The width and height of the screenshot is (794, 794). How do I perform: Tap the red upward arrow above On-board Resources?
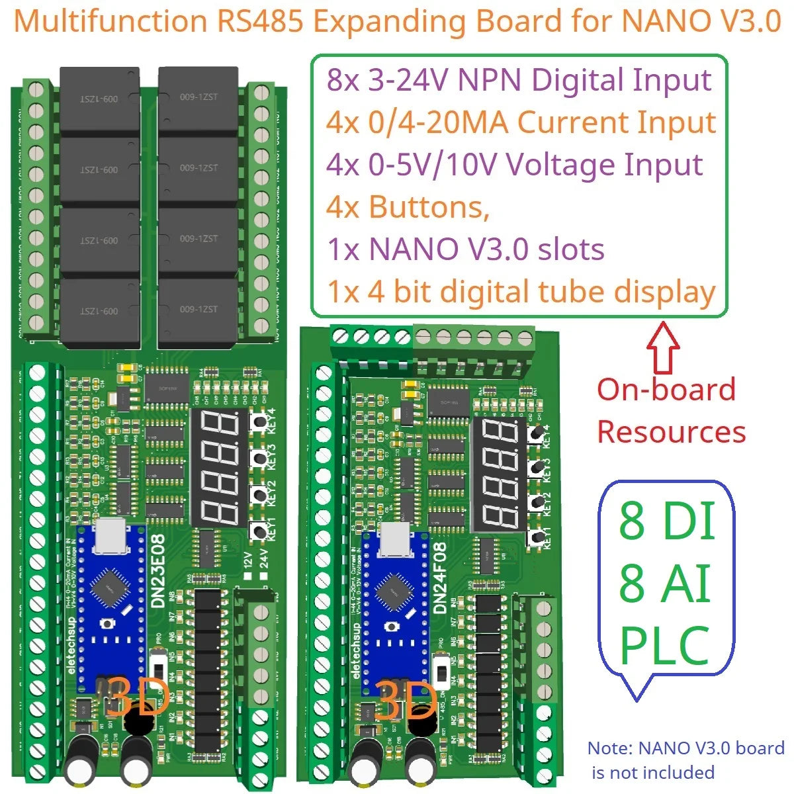pyautogui.click(x=666, y=348)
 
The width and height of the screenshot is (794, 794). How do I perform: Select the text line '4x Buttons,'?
pyautogui.click(x=408, y=207)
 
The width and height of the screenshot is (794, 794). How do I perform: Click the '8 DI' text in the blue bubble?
pyautogui.click(x=667, y=521)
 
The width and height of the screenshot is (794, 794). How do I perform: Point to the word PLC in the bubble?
pyautogui.click(x=664, y=646)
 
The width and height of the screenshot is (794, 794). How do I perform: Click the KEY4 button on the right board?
pyautogui.click(x=536, y=433)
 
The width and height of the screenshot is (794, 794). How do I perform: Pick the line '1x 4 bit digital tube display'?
pyautogui.click(x=521, y=292)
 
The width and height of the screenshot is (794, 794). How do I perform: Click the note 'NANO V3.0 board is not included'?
pyautogui.click(x=685, y=760)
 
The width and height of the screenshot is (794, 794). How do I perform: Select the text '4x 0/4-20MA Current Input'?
pyautogui.click(x=521, y=122)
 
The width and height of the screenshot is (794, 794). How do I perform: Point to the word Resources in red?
pyautogui.click(x=671, y=431)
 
